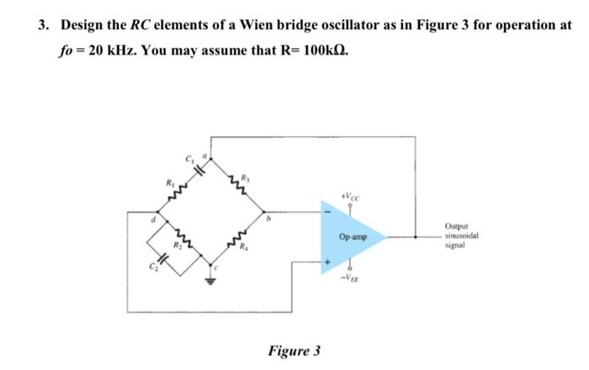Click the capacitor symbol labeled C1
point(199,167)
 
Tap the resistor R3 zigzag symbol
point(238,186)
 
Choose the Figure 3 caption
point(294,350)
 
